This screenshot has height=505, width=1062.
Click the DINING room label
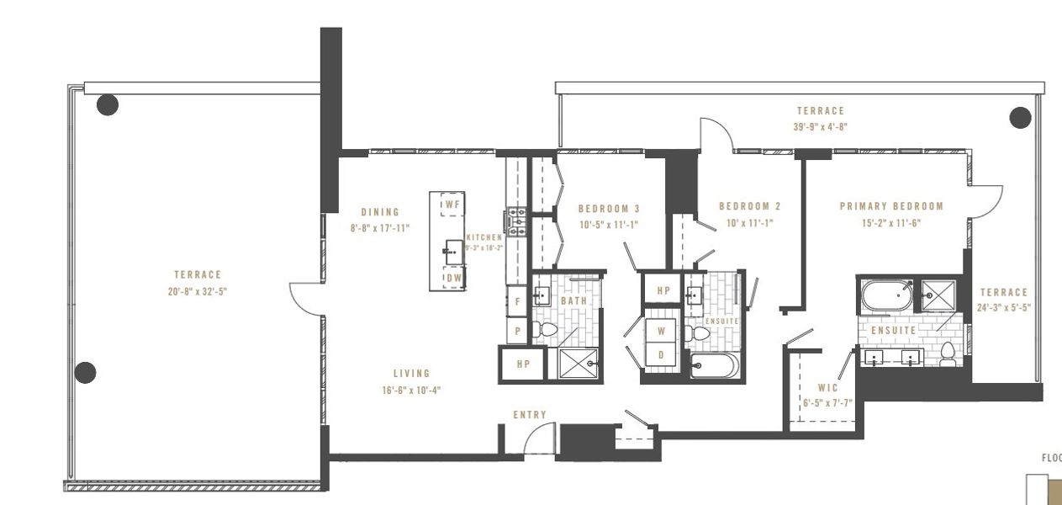coord(380,212)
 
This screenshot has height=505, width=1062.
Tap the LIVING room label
coord(411,374)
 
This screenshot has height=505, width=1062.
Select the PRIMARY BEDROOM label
coord(891,206)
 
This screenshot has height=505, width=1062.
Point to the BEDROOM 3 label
coord(609,209)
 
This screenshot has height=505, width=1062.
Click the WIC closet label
coord(827,389)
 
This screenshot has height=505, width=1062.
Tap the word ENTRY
coord(530,415)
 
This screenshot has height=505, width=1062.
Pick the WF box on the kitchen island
coord(452,205)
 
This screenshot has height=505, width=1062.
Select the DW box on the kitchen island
coord(452,278)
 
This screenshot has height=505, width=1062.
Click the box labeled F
coord(516,300)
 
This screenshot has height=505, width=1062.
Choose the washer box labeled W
coord(661,331)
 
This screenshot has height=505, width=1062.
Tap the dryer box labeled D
coord(661,355)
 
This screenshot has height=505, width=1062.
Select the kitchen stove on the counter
coord(515,221)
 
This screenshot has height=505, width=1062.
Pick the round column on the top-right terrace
coord(1020,117)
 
